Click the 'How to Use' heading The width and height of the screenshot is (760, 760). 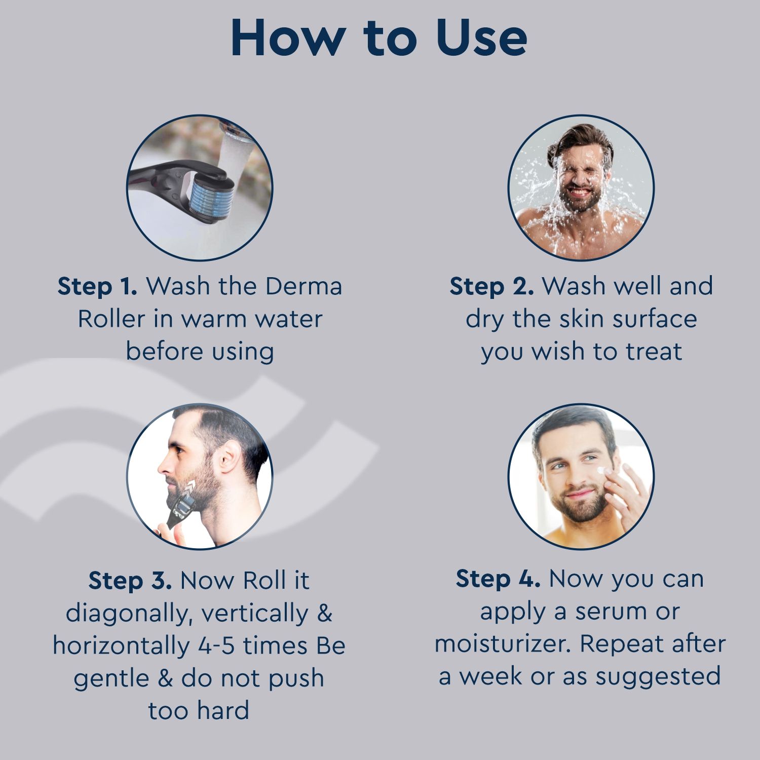pos(379,37)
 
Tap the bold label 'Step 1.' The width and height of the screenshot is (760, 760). pos(97,287)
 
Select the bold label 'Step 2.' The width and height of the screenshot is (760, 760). pos(491,287)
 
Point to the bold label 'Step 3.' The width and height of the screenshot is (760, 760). pos(130,581)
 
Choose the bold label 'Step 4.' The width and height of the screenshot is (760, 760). pos(498,579)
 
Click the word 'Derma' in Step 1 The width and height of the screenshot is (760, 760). pos(303,287)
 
